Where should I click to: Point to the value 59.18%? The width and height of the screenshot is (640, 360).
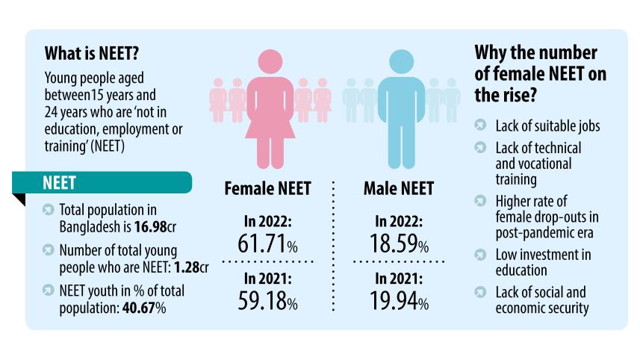(267, 301)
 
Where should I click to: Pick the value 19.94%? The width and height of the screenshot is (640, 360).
(398, 301)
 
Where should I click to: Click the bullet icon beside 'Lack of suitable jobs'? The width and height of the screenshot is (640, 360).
(482, 125)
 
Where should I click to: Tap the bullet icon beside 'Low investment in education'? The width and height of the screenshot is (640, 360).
(482, 255)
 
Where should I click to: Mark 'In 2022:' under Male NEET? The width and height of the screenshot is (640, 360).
(398, 221)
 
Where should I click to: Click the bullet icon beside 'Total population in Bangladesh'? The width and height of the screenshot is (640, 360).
(48, 210)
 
